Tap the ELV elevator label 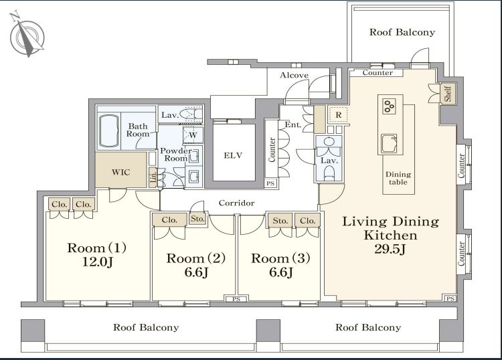click(x=233, y=155)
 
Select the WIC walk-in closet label click(x=120, y=172)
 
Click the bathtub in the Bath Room click(x=109, y=130)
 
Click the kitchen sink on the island click(x=389, y=143)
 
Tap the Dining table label click(x=398, y=178)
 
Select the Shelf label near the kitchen click(x=448, y=93)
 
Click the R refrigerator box click(x=339, y=115)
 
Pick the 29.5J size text click(x=390, y=249)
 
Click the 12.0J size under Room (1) click(x=97, y=262)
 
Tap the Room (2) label click(x=196, y=258)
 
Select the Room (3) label click(x=280, y=258)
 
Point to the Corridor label click(x=236, y=203)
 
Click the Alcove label click(x=295, y=75)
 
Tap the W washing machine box click(x=193, y=134)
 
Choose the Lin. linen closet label click(x=153, y=177)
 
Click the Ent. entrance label click(x=293, y=124)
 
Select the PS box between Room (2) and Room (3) click(x=236, y=299)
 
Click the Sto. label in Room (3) click(x=280, y=220)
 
